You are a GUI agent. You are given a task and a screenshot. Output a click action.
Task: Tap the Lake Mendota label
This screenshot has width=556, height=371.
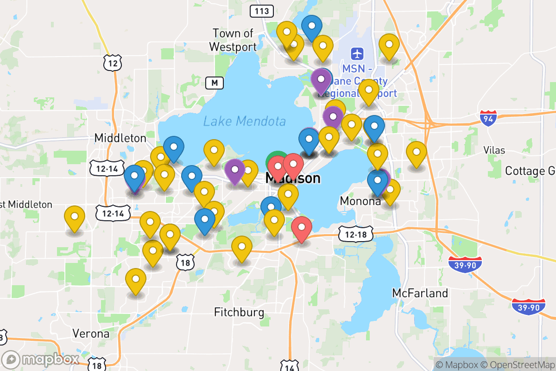pyautogui.click(x=244, y=122)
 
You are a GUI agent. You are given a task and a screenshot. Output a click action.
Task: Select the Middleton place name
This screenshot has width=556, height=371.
pyautogui.click(x=120, y=138)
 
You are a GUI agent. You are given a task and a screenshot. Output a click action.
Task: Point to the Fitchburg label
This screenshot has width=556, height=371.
pyautogui.click(x=239, y=312)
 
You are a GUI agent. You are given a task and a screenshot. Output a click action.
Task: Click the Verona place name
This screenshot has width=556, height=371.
pyautogui.click(x=91, y=333)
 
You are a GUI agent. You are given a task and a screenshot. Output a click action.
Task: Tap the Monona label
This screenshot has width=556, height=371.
pyautogui.click(x=360, y=201)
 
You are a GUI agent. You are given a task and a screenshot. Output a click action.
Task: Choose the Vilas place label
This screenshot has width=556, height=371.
pyautogui.click(x=494, y=150)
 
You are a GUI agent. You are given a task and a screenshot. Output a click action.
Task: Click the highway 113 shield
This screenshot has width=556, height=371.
pyautogui.click(x=261, y=11)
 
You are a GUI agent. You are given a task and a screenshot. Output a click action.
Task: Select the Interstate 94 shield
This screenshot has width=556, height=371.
pyautogui.click(x=488, y=118)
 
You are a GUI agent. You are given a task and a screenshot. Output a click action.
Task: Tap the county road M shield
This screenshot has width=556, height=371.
pyautogui.click(x=214, y=83)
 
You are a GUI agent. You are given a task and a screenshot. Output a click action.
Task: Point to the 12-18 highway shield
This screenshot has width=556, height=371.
pyautogui.click(x=355, y=234)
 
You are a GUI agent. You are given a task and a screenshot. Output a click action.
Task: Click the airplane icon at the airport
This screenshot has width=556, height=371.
pyautogui.click(x=357, y=53)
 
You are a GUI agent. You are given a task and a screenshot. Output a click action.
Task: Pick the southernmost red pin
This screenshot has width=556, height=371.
pyautogui.click(x=302, y=227)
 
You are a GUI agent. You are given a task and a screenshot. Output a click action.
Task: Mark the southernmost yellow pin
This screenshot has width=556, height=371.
pyautogui.click(x=136, y=279)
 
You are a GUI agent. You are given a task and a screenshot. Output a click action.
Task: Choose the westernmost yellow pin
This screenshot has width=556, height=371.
pyautogui.click(x=75, y=217)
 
